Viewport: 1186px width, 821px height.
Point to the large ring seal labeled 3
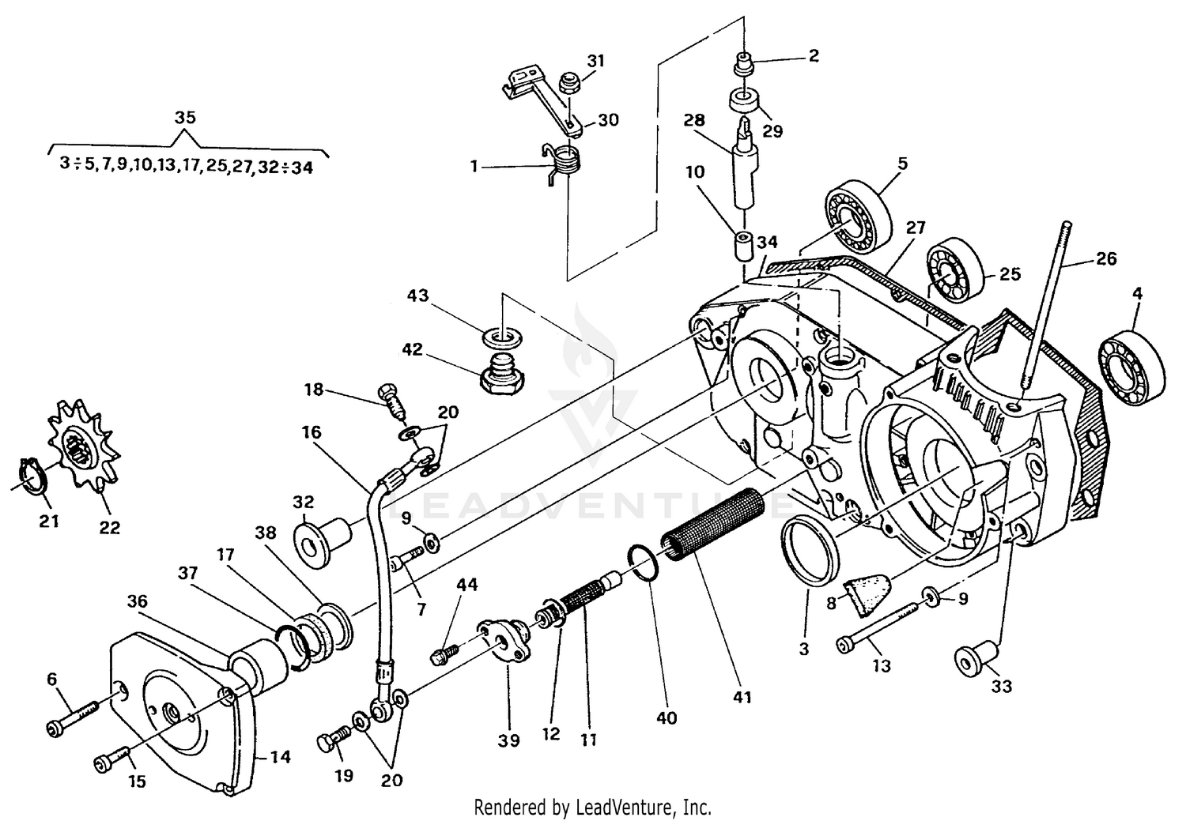809,550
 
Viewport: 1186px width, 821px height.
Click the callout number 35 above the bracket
185,118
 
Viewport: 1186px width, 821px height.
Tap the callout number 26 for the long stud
1106,258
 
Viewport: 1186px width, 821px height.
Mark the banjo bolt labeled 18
392,401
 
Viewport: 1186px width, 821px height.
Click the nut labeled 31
567,85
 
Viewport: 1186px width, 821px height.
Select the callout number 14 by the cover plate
280,757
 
